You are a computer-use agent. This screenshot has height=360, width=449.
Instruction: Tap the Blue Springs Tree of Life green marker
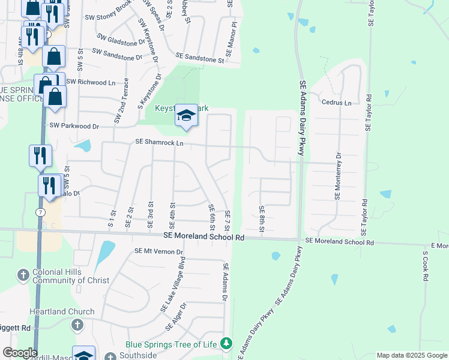click(x=226, y=344)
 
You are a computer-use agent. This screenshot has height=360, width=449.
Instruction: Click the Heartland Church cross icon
click(x=76, y=325)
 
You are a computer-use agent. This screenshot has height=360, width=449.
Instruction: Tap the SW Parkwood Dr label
click(x=74, y=126)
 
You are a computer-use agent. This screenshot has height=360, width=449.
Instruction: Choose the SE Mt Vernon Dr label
click(x=158, y=251)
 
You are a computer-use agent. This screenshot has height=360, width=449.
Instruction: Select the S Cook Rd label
click(x=424, y=266)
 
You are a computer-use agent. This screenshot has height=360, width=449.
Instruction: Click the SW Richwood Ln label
click(x=90, y=82)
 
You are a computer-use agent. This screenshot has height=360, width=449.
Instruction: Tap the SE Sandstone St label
click(x=199, y=57)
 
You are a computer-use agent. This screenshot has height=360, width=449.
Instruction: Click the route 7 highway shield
click(x=39, y=212)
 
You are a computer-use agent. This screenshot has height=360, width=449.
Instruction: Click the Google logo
click(x=19, y=353)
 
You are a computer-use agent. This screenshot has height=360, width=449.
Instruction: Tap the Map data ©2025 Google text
click(x=411, y=355)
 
